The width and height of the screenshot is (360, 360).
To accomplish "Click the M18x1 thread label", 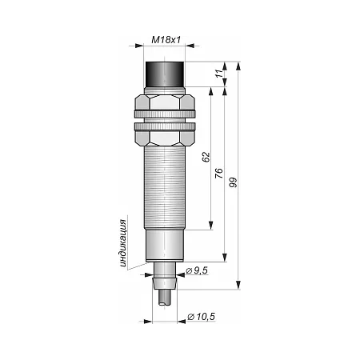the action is pyautogui.click(x=166, y=40).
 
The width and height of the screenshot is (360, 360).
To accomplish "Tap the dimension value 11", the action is pyautogui.click(x=219, y=74).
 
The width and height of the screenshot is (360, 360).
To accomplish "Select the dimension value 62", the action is pyautogui.click(x=206, y=157).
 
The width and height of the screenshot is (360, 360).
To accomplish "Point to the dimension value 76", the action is pyautogui.click(x=218, y=174).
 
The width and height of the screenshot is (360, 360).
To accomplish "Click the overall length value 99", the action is pyautogui.click(x=233, y=182).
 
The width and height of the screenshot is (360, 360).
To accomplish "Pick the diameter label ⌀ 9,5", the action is pyautogui.click(x=197, y=270).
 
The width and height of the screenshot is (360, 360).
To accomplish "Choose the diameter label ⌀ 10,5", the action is pyautogui.click(x=201, y=317).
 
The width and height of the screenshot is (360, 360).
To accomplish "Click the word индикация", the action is pyautogui.click(x=122, y=243).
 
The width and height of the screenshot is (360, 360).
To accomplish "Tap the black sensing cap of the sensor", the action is pyautogui.click(x=165, y=74).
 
